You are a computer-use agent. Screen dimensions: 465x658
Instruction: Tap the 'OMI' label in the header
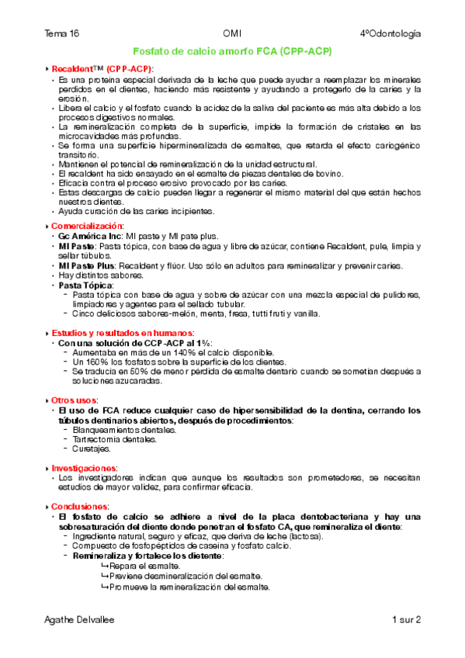232,34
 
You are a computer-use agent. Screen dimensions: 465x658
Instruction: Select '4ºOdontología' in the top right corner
390,34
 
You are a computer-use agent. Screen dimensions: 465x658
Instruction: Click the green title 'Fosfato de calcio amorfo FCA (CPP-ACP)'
232,51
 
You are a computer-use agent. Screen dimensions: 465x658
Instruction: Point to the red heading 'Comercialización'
87,226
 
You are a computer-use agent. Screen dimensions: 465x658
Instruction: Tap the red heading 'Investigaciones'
84,468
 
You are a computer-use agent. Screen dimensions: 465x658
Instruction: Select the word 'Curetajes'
92,448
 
